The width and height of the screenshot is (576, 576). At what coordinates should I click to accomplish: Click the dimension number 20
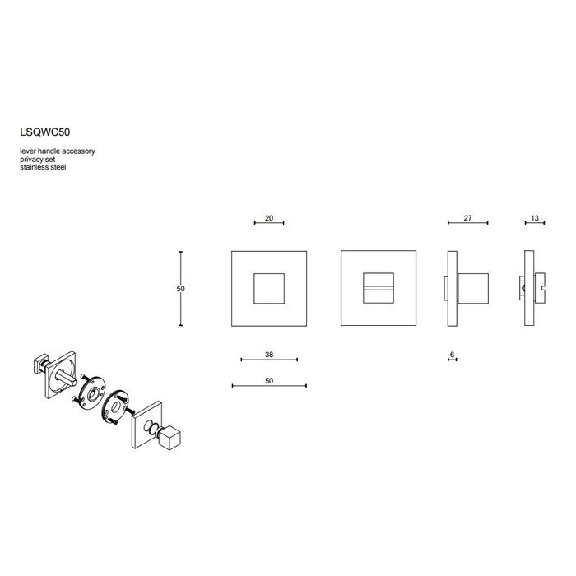(x=269, y=218)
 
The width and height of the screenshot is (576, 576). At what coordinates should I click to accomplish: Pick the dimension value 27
(x=467, y=218)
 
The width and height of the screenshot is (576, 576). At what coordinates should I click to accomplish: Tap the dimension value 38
(x=269, y=355)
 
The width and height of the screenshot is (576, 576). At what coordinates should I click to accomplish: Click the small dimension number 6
(x=453, y=355)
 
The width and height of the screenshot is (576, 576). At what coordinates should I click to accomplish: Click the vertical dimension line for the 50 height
(x=182, y=289)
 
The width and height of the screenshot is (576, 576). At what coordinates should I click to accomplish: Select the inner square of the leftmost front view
(x=269, y=289)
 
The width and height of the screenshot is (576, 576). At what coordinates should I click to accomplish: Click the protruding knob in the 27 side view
(x=473, y=289)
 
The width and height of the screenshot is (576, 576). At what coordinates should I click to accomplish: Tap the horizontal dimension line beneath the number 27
(x=467, y=223)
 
